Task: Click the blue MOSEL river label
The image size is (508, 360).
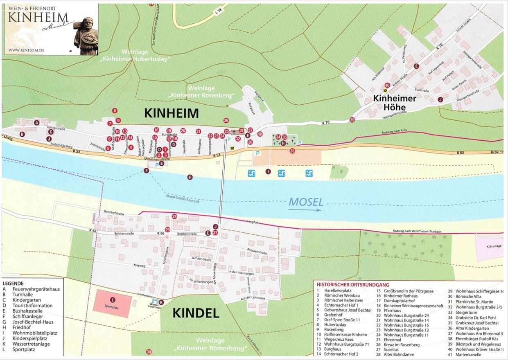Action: tap(306, 202)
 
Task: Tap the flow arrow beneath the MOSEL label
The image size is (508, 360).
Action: tap(305, 210)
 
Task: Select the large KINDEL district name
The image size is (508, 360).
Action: tap(196, 313)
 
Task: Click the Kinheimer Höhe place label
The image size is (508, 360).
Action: tap(394, 102)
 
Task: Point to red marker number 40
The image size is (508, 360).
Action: tap(387, 85)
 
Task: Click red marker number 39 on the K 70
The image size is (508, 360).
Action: tap(352, 120)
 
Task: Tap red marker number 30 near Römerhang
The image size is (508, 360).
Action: tap(149, 352)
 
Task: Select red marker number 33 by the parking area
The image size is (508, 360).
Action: tap(292, 151)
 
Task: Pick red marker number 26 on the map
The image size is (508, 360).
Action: tap(226, 120)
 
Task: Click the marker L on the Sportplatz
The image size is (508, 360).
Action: tap(113, 300)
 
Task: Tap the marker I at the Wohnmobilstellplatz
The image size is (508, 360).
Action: tap(268, 171)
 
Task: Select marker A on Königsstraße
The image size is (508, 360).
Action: tap(37, 122)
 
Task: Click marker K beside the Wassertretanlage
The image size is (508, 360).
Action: tap(161, 302)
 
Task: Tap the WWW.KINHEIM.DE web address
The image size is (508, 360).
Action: tap(26, 50)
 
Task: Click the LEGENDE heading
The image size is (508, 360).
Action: tap(13, 283)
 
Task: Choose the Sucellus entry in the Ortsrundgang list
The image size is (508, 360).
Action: tap(391, 350)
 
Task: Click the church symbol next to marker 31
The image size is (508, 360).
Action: tap(234, 132)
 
